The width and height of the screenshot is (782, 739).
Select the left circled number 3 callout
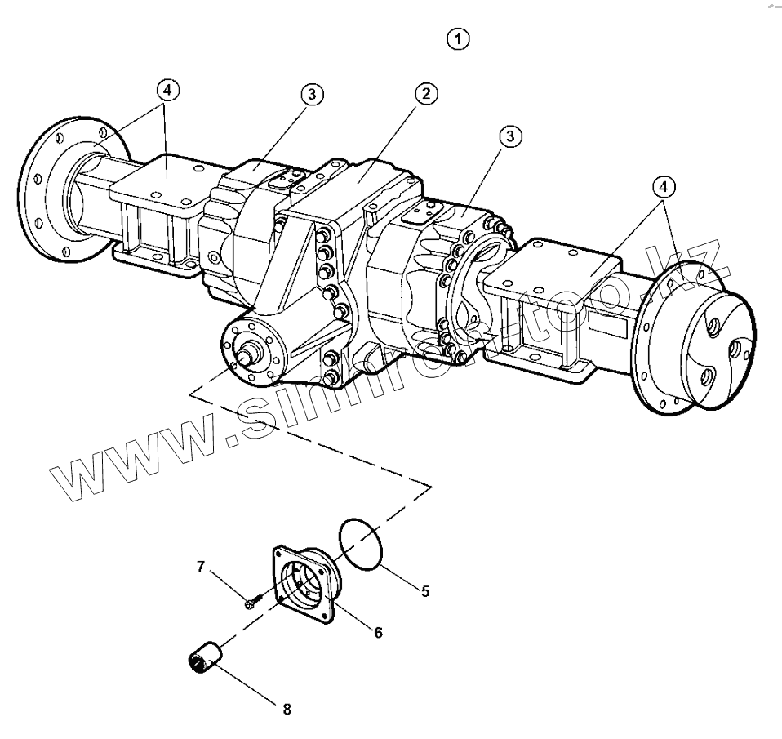pos(311,94)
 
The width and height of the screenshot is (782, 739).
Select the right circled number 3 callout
pos(510,136)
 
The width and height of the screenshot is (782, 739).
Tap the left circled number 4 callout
pos(167,90)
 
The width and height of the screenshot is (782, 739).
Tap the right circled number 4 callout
pos(664,187)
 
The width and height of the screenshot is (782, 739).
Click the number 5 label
pos(425,590)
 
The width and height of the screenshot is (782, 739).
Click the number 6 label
pos(379,631)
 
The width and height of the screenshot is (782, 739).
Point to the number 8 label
pos(287,709)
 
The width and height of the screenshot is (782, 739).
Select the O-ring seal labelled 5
pos(359,541)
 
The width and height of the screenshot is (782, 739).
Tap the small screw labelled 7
pos(251,603)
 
